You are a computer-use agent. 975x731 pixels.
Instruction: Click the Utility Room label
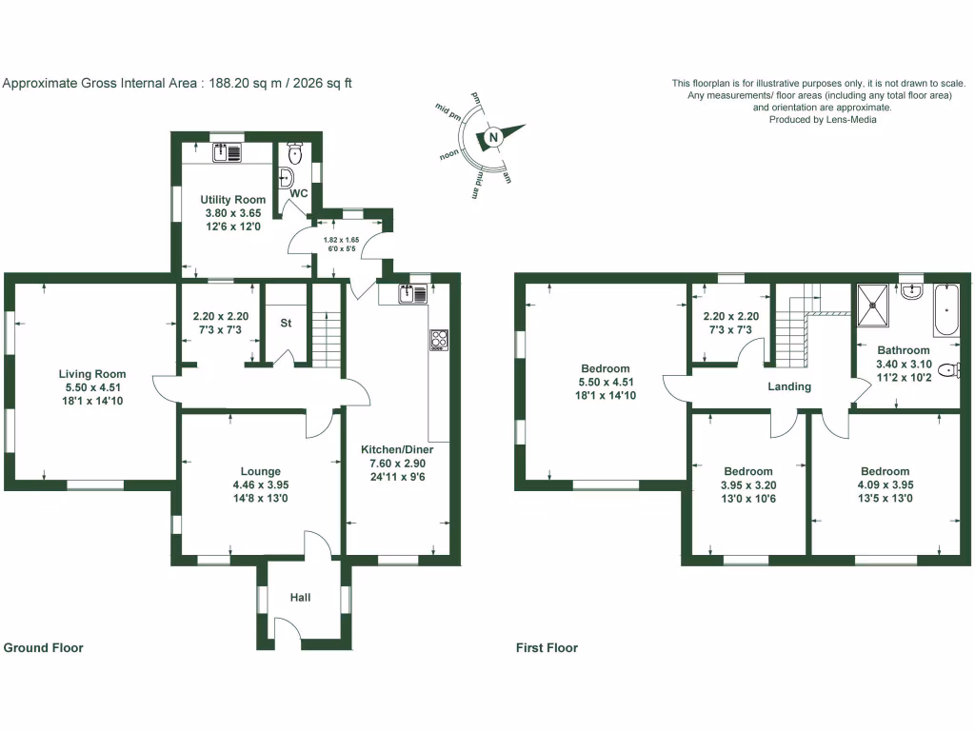point(232,200)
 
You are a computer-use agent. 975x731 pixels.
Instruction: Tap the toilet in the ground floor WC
point(295,152)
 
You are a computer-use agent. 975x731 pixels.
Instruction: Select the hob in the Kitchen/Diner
point(440,340)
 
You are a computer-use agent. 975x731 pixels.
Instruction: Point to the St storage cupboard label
point(285,324)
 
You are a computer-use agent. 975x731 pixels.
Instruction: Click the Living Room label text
point(91,374)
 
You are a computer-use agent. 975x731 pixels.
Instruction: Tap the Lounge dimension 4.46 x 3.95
point(260,484)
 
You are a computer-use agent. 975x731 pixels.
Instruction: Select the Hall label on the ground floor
point(301,598)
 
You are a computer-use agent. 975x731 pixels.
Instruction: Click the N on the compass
point(493,138)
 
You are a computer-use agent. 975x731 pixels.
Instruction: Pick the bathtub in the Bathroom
point(947,309)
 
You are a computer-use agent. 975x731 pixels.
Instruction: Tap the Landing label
point(789,386)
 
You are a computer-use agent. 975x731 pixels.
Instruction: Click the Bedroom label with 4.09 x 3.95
point(885,471)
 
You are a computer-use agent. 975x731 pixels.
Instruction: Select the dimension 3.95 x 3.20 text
point(747,484)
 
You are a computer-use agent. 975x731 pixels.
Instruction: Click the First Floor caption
point(547,648)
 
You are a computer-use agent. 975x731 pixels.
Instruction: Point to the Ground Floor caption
point(44,648)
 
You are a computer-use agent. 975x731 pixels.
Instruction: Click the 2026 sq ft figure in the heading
point(322,83)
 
